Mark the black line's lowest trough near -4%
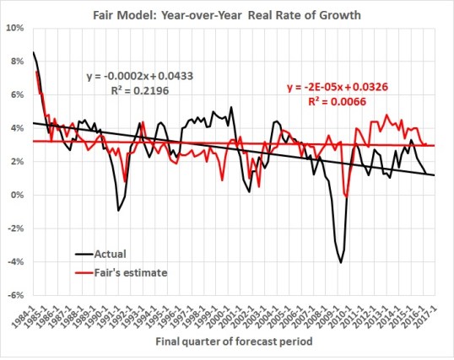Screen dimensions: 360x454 click(341, 263)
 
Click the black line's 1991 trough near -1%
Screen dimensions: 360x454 click(118, 210)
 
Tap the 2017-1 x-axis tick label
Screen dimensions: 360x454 click(436, 314)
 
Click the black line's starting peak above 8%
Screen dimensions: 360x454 click(33, 52)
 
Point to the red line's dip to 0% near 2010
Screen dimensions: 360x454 click(347, 196)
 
